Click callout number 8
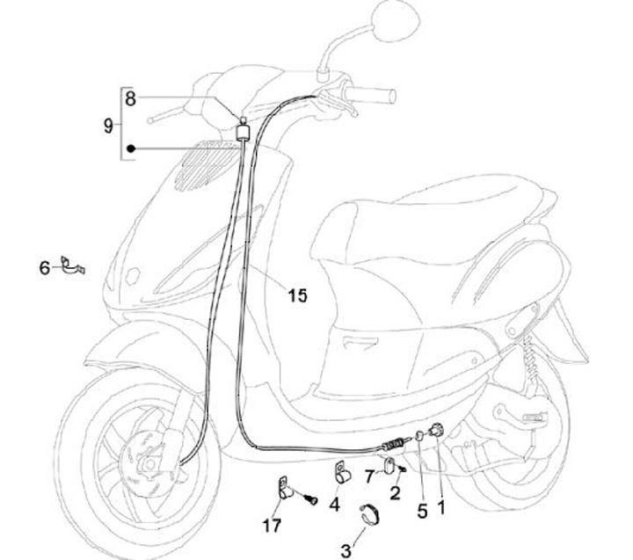130,98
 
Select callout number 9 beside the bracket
108,126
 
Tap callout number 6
45,267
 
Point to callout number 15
297,295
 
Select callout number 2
395,493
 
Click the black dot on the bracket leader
130,148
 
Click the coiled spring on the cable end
395,447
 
